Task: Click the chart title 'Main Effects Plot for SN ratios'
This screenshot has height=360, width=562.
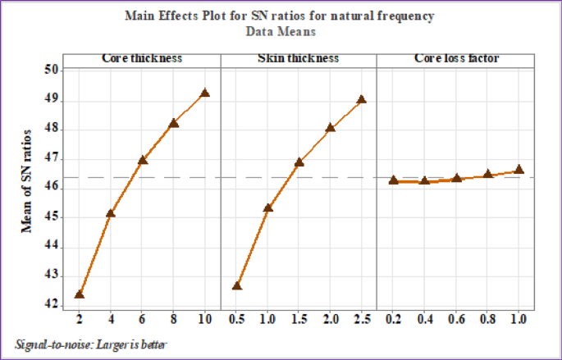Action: point(280,16)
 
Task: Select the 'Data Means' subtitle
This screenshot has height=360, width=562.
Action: point(280,31)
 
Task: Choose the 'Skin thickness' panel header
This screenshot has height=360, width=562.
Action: point(299,59)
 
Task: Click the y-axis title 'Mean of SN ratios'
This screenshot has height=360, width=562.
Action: point(27,180)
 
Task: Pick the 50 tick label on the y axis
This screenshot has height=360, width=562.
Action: point(52,71)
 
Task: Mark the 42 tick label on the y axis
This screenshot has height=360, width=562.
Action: point(52,305)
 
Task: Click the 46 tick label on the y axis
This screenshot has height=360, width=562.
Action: point(52,188)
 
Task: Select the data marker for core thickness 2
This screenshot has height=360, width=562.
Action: point(80,294)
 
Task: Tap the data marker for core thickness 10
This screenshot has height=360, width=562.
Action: point(204,93)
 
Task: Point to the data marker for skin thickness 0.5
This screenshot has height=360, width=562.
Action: point(237,285)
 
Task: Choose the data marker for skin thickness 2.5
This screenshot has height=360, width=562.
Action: point(361,99)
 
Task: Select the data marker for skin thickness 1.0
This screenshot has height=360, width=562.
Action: point(267,207)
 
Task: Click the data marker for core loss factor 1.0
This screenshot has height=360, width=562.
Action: point(519,170)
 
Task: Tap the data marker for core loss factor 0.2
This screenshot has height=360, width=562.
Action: point(394,180)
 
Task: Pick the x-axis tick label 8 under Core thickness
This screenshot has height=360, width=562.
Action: point(173,318)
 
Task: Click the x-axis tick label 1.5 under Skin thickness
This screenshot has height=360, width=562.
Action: point(299,318)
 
